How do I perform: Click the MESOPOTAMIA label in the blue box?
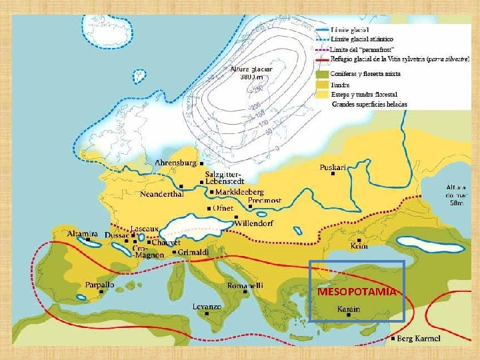(x=357, y=292)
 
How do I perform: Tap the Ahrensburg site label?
(x=176, y=163)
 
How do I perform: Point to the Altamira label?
(x=83, y=234)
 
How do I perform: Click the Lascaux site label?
(x=145, y=229)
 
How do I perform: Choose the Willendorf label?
(x=253, y=223)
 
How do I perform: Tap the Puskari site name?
(x=333, y=167)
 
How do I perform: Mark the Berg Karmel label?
(x=419, y=338)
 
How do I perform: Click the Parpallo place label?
(x=99, y=285)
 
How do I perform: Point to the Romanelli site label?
(x=245, y=285)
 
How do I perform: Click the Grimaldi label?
(x=194, y=252)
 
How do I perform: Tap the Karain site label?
(x=348, y=309)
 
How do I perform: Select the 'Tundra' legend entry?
(x=341, y=85)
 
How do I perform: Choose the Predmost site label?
(x=265, y=200)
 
